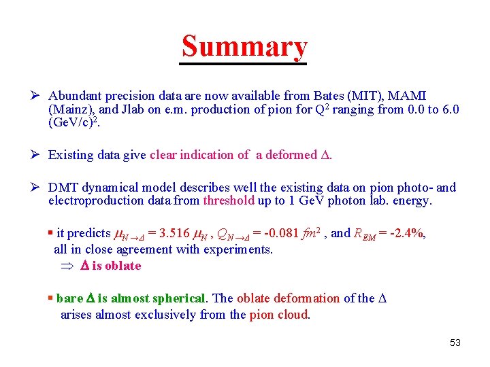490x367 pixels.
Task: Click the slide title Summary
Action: pos(244,46)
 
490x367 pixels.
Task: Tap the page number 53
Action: pos(455,343)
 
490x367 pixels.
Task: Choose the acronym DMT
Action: pos(63,188)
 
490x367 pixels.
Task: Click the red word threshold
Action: pos(229,200)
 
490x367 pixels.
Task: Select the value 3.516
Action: pos(169,233)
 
